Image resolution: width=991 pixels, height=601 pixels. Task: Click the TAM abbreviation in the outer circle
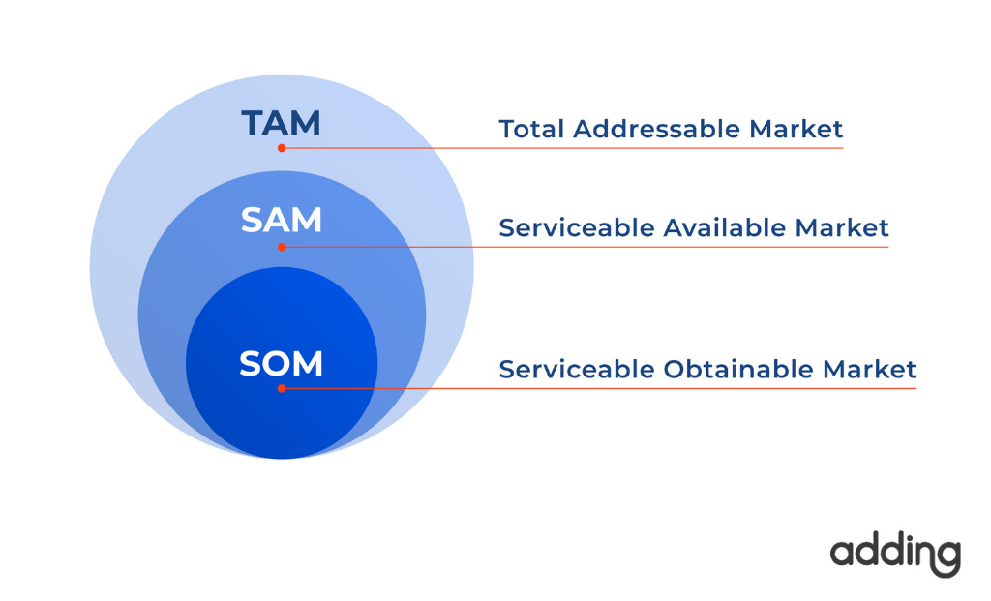(x=281, y=123)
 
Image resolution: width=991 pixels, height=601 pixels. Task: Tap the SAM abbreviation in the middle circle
(x=281, y=221)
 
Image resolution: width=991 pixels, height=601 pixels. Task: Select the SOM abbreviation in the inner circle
(x=281, y=364)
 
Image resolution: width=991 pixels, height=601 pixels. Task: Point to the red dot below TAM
(x=282, y=148)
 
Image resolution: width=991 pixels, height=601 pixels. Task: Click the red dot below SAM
(x=282, y=247)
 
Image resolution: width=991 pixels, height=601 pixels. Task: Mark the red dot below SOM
(x=282, y=388)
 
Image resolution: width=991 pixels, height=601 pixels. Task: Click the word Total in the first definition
(x=531, y=129)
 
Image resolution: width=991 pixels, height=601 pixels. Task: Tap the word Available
(x=725, y=228)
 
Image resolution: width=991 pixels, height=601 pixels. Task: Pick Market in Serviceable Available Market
(x=842, y=228)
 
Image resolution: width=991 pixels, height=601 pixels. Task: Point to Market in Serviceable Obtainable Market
(x=869, y=369)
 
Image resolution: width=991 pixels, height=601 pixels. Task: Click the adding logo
(x=895, y=555)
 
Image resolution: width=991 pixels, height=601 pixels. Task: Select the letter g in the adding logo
(x=946, y=558)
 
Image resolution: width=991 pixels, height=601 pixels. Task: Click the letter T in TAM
(x=254, y=123)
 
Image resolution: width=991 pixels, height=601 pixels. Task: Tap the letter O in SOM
(x=280, y=364)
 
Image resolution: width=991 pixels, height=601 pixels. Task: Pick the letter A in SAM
(x=280, y=221)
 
